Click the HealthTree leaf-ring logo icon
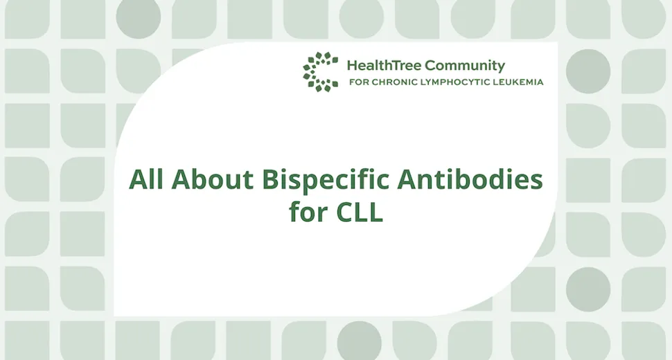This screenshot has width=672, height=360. tap(320, 72)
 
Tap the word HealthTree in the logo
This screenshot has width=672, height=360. tap(384, 66)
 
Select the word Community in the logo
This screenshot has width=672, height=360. tap(465, 66)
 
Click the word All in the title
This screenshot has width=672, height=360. tap(146, 180)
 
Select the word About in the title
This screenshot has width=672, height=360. tap(212, 180)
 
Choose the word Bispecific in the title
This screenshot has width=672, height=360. tap(324, 180)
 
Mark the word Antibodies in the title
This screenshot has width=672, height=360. tap(469, 180)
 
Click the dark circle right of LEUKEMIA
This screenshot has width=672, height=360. tap(588, 71)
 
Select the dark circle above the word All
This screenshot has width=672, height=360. tap(139, 17)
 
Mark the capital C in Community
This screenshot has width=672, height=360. tap(430, 66)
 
